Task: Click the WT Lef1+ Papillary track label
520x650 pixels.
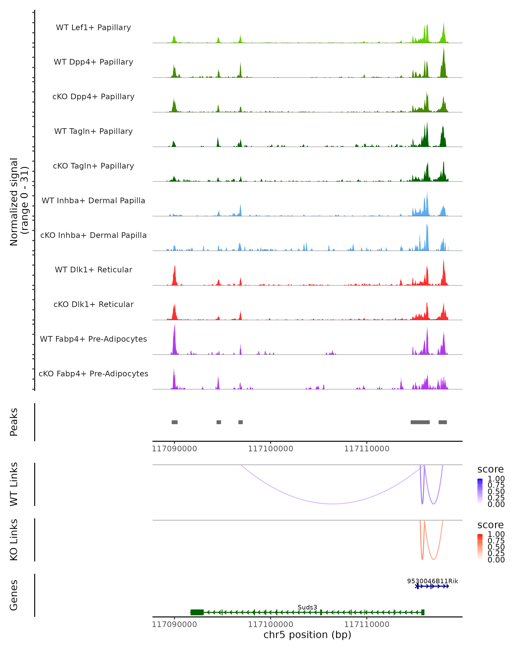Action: coord(93,28)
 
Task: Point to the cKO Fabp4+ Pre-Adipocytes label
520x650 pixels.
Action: coord(93,374)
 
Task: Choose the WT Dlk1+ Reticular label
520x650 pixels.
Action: coord(93,270)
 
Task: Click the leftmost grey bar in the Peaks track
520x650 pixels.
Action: coord(175,422)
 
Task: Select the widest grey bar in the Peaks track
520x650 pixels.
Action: coord(420,422)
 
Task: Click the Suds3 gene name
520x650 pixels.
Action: coord(307,607)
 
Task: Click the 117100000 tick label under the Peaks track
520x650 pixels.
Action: coord(270,449)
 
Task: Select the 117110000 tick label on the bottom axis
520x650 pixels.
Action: coord(367,624)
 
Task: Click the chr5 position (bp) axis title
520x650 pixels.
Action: coord(307,635)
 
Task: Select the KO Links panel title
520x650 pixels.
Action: coord(14,540)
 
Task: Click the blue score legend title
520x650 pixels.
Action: coord(491,470)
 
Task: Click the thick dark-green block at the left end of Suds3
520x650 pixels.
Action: coord(197,612)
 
